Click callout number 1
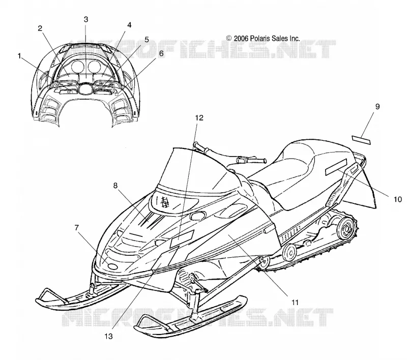point(19,56)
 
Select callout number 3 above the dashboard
point(86,19)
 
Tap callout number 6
point(161,53)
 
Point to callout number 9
point(377,106)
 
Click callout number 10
point(398,199)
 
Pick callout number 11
point(295,303)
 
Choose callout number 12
point(199,118)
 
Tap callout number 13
point(108,337)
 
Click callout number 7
point(76,228)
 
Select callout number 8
point(115,186)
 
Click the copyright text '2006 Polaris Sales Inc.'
point(267,38)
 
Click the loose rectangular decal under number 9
point(361,140)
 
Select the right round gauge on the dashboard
point(94,67)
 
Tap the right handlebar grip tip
point(264,161)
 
